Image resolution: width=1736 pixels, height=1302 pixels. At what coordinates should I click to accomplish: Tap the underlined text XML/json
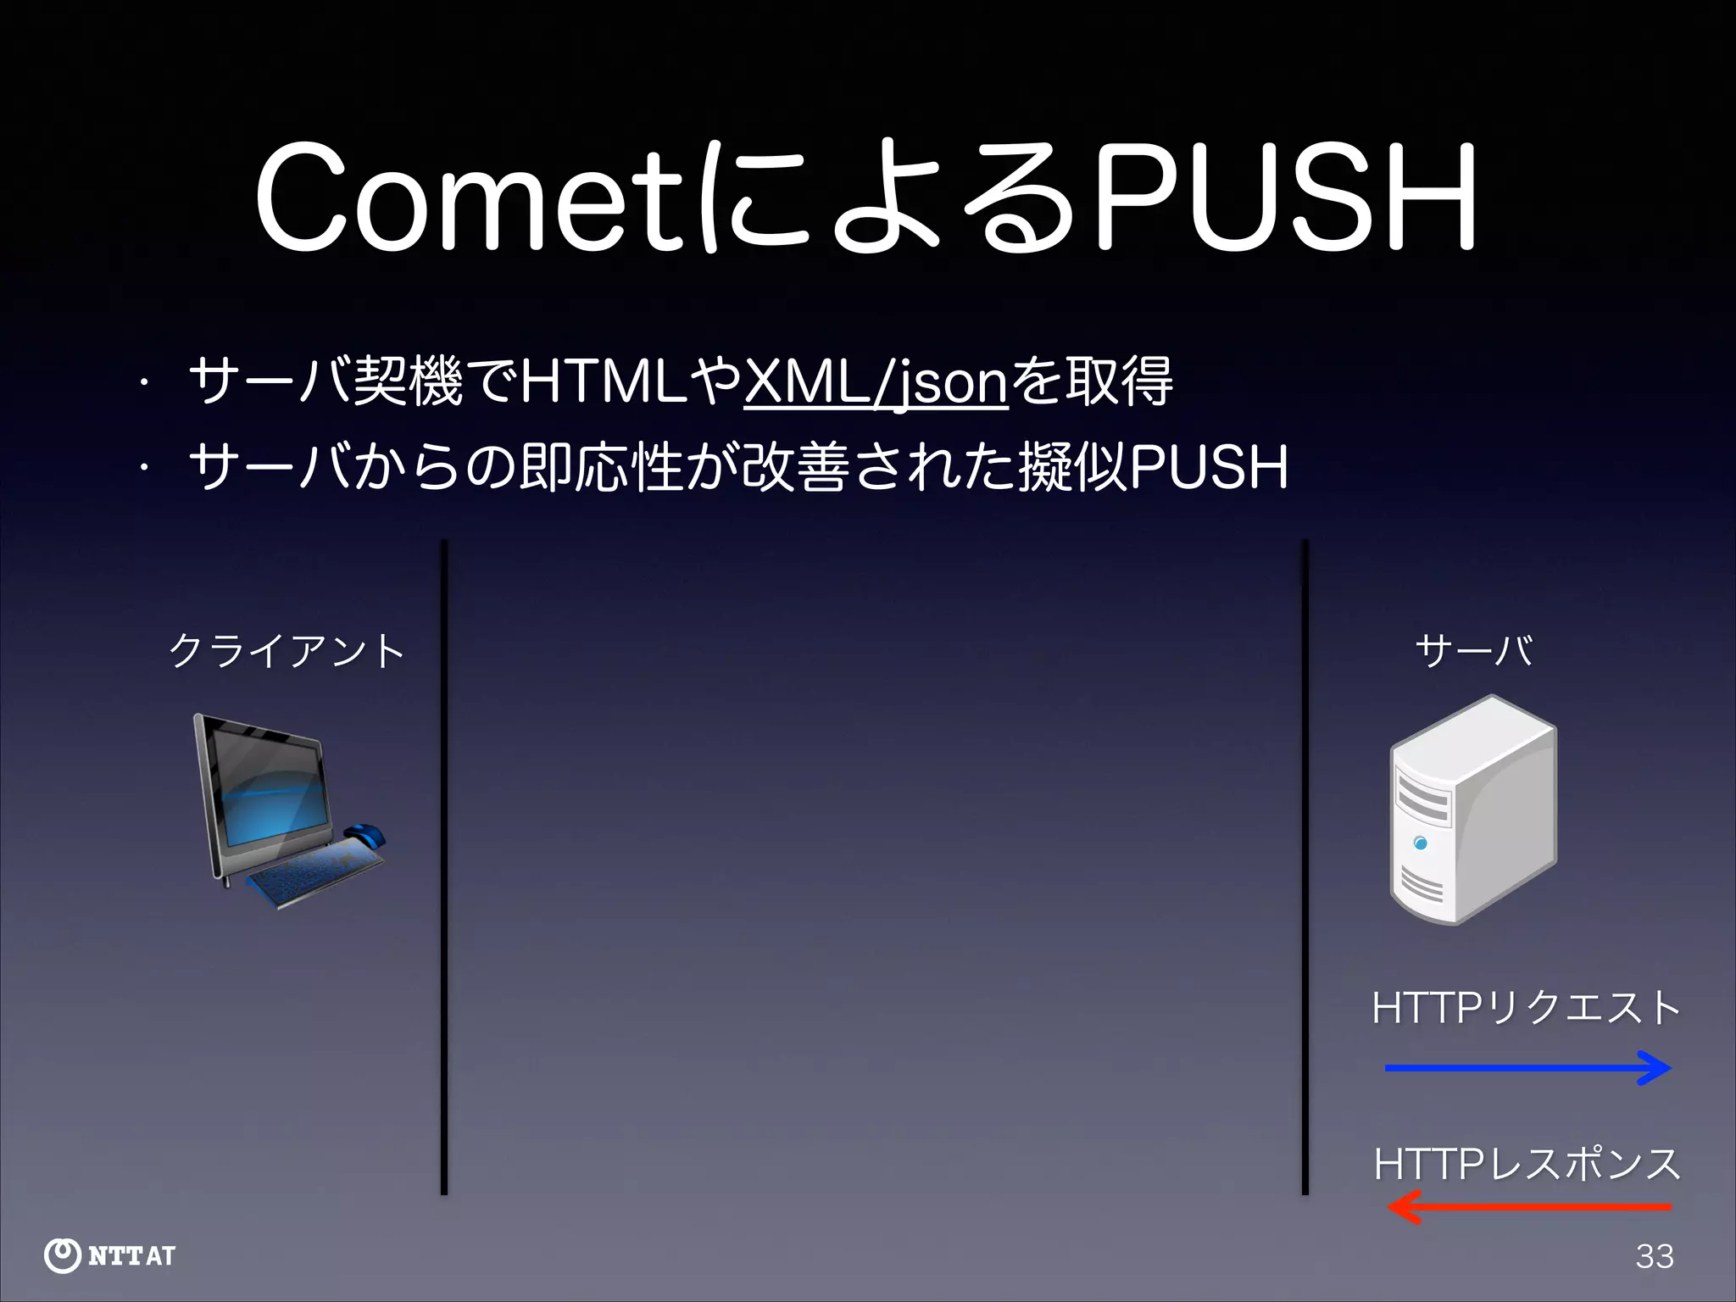pyautogui.click(x=876, y=382)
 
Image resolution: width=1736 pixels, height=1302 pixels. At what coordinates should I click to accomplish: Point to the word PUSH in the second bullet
pyautogui.click(x=1209, y=467)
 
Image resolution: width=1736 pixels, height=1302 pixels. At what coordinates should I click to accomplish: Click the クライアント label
pyautogui.click(x=287, y=651)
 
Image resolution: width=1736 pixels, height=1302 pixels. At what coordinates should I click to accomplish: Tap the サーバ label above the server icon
pyautogui.click(x=1473, y=651)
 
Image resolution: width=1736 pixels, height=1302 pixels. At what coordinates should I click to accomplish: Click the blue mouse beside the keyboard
pyautogui.click(x=364, y=835)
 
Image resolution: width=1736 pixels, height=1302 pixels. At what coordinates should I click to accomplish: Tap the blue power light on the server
pyautogui.click(x=1421, y=843)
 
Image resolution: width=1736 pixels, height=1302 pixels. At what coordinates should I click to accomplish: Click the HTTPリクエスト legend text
pyautogui.click(x=1526, y=1009)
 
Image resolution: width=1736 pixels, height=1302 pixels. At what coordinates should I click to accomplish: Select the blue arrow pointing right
pyautogui.click(x=1526, y=1068)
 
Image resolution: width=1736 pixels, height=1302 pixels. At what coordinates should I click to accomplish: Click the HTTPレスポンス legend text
pyautogui.click(x=1526, y=1164)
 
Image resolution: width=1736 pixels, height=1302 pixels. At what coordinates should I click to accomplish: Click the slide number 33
pyautogui.click(x=1655, y=1256)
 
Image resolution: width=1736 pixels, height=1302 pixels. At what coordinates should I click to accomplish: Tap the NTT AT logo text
pyautogui.click(x=131, y=1255)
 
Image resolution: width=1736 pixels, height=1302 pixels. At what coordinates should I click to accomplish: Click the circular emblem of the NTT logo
pyautogui.click(x=62, y=1255)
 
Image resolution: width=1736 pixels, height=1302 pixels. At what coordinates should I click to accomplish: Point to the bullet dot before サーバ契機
pyautogui.click(x=145, y=383)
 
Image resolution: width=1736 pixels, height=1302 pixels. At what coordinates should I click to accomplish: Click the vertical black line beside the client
pyautogui.click(x=443, y=865)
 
